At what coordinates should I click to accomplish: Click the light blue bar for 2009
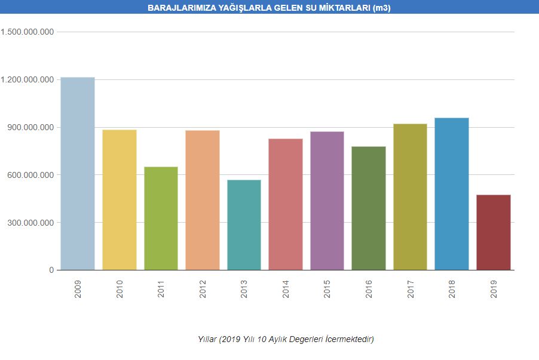click(x=78, y=173)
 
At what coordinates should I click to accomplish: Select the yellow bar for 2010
click(x=120, y=199)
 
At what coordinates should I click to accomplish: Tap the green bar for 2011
click(x=161, y=218)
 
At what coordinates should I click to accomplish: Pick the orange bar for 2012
click(x=203, y=200)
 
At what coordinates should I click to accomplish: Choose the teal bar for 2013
click(x=244, y=224)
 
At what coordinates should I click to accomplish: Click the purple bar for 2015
click(x=327, y=201)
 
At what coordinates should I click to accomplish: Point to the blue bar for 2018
click(x=452, y=193)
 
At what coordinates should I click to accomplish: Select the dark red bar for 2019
click(x=494, y=232)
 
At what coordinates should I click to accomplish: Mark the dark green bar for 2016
click(x=369, y=208)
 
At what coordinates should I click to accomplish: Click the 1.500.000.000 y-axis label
click(x=28, y=32)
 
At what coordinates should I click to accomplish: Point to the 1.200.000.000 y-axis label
click(x=28, y=79)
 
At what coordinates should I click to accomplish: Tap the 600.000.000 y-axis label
click(x=32, y=175)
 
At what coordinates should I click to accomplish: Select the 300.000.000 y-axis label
click(x=32, y=223)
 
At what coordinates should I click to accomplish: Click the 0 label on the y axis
click(x=51, y=270)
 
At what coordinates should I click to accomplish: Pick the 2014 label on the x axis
click(x=286, y=289)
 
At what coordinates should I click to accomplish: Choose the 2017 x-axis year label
click(x=411, y=289)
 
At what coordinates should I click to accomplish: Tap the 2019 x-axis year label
click(x=494, y=289)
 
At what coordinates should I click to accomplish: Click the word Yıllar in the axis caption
click(x=207, y=339)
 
